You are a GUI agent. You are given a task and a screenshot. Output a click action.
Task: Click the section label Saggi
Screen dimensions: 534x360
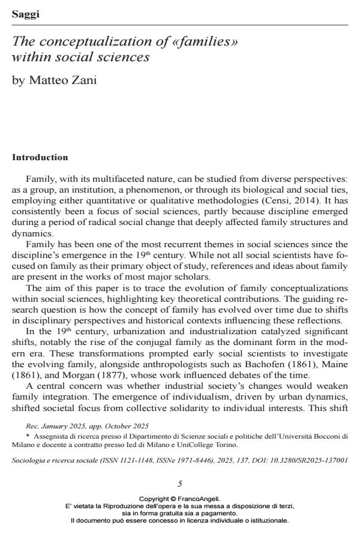click(x=25, y=14)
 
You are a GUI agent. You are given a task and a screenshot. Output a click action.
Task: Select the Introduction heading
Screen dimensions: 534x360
click(x=40, y=158)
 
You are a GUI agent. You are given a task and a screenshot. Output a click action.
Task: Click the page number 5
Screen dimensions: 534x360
click(x=180, y=484)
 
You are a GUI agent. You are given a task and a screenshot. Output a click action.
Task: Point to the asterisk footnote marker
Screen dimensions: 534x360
click(x=28, y=437)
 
